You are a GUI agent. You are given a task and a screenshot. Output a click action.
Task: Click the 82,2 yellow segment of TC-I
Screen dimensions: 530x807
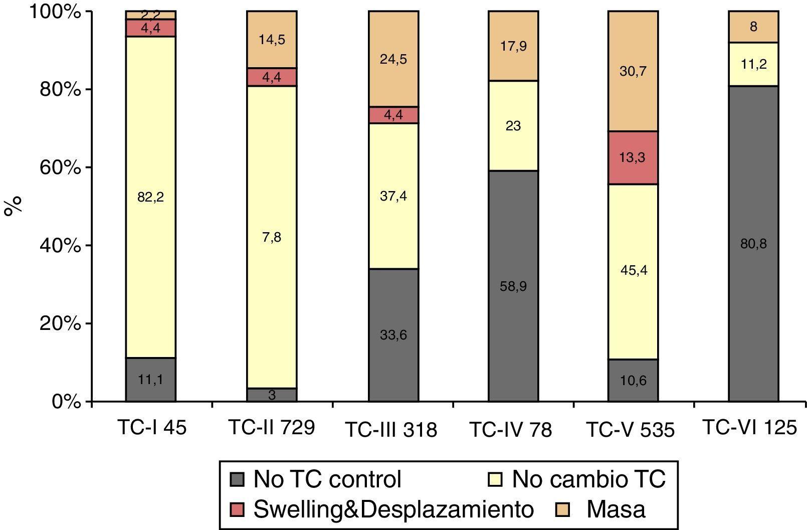click(150, 197)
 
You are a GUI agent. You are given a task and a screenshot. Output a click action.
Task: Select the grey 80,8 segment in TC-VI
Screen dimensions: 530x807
click(753, 244)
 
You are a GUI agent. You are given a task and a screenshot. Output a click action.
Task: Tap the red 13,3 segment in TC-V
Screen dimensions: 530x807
click(633, 157)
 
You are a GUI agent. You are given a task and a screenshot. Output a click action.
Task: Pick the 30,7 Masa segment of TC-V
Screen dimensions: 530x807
click(633, 71)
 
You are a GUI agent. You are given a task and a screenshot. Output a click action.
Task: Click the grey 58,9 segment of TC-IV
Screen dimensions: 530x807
click(513, 286)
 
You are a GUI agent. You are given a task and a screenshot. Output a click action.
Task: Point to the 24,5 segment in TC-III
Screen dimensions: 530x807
click(393, 59)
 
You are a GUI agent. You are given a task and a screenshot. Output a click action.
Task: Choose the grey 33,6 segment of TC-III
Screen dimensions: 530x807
click(393, 334)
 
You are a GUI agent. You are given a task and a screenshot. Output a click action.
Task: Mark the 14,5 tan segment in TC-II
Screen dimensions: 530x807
click(272, 40)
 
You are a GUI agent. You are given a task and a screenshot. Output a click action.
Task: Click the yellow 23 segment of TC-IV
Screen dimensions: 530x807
click(513, 126)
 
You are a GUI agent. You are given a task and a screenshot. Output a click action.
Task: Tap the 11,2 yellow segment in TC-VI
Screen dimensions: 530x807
click(753, 64)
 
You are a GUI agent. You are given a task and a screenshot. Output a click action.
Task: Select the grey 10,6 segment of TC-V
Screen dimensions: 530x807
click(633, 380)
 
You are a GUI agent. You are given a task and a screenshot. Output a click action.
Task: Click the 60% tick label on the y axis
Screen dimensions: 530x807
click(60, 167)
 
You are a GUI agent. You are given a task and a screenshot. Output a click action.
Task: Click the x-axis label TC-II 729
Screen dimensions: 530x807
click(271, 428)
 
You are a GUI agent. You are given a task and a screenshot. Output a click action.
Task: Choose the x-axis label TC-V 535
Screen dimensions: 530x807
click(630, 430)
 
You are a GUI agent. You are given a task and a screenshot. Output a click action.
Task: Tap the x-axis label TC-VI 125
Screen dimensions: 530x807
click(749, 428)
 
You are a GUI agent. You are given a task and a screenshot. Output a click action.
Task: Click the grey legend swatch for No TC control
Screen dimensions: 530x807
click(237, 479)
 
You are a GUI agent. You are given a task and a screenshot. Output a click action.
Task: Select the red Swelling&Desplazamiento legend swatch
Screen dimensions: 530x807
click(237, 509)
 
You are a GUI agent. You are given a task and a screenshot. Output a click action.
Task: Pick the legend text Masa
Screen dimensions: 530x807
click(616, 509)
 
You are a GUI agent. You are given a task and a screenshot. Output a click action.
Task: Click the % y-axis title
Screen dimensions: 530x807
click(14, 206)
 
